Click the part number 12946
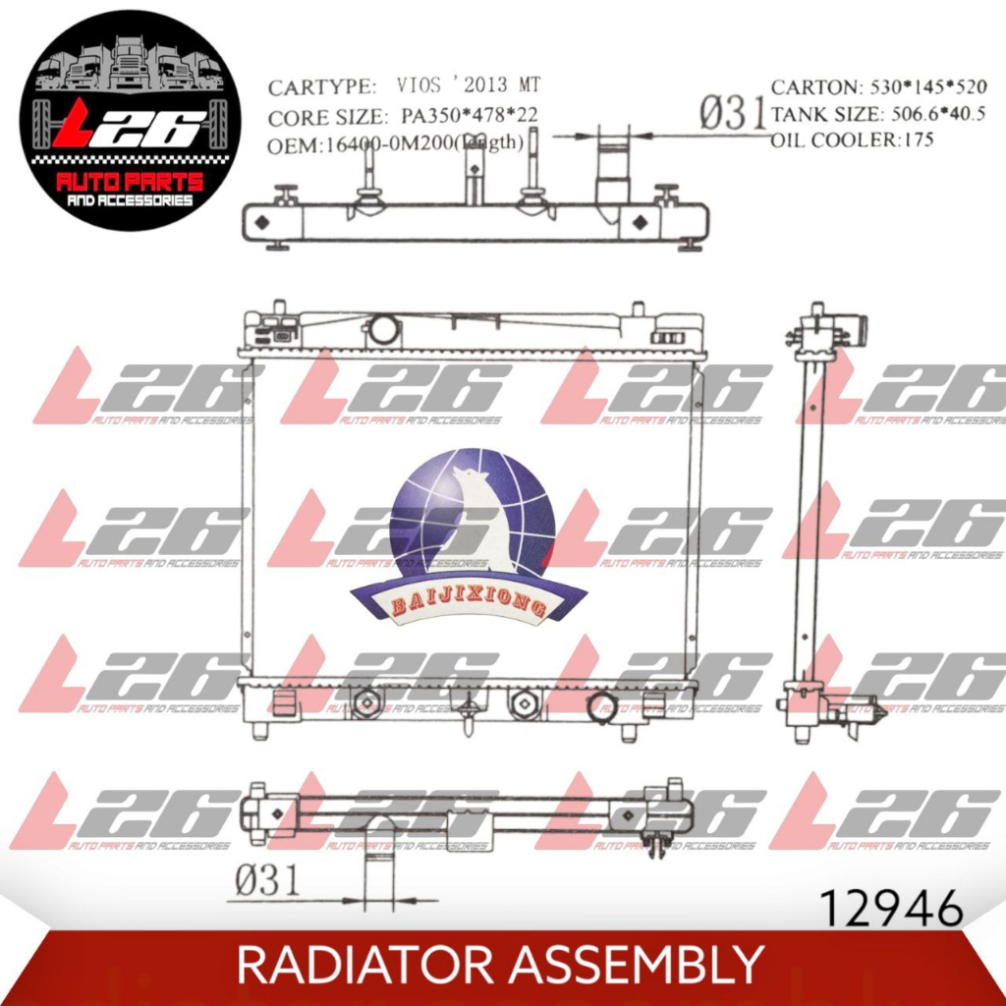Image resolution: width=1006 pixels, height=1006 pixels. (x=890, y=910)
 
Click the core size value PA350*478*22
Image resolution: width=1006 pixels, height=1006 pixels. (x=470, y=118)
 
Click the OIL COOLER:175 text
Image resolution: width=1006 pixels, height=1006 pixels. (x=852, y=140)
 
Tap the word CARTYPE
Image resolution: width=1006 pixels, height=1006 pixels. (x=321, y=86)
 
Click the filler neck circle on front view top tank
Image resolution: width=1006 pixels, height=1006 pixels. (x=383, y=329)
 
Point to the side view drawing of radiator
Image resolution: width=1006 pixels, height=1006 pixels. (x=821, y=521)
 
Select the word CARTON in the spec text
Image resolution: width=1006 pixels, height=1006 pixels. (x=811, y=86)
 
